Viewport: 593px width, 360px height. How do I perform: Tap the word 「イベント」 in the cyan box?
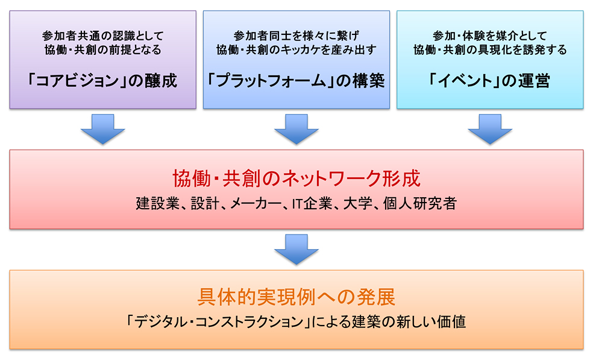(x=460, y=81)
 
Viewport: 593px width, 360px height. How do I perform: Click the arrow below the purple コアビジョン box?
(x=103, y=129)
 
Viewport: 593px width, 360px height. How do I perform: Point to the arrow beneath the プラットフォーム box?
(x=296, y=129)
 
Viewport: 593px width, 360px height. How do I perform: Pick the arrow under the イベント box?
(x=490, y=129)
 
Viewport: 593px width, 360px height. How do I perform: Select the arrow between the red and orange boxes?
(x=296, y=250)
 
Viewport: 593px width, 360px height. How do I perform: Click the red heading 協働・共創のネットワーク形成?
(x=296, y=178)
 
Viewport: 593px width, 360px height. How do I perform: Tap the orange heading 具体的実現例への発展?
(x=296, y=297)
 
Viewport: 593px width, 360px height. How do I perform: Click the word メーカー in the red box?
(x=256, y=204)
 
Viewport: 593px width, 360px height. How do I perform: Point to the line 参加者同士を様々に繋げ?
(x=296, y=36)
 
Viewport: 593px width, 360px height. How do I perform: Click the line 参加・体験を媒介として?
(x=490, y=36)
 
